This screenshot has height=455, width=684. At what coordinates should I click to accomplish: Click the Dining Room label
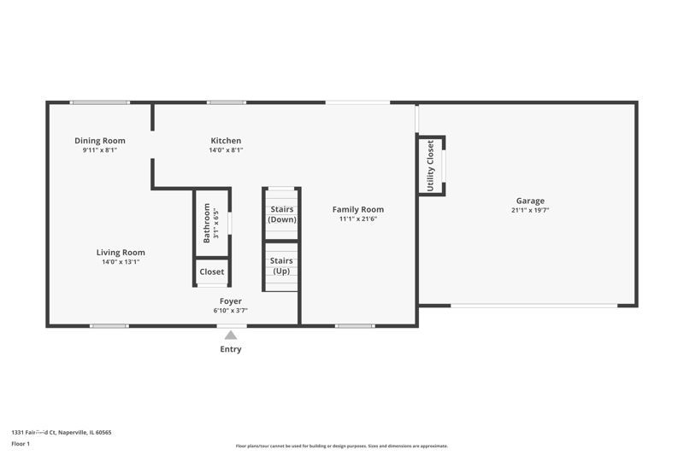coord(100,141)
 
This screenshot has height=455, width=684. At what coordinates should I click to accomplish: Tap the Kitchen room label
coord(226,141)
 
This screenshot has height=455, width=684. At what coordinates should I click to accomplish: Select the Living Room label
coord(121,253)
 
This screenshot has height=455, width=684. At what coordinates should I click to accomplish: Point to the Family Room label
coord(358,209)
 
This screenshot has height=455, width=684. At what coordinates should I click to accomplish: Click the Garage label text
coord(530,201)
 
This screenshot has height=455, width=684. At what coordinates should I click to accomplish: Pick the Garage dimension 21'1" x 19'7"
coord(530,210)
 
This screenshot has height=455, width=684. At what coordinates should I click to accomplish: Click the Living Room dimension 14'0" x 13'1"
coord(121,262)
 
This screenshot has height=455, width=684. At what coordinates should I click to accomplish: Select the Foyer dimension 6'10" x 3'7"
coord(230,311)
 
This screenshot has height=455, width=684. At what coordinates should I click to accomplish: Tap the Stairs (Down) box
coord(281,213)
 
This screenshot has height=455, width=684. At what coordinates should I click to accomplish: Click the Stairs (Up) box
coord(281,266)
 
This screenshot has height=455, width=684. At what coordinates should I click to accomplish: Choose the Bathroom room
coord(211,223)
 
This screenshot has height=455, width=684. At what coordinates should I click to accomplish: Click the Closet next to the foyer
coord(211,272)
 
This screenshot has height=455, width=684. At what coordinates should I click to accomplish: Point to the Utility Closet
coord(431,166)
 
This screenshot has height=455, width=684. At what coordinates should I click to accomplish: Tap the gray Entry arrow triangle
coord(231,335)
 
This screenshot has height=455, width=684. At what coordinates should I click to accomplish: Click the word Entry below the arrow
coord(231,349)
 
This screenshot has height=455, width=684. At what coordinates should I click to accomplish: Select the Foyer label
coord(230,301)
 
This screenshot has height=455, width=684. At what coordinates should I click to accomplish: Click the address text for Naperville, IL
coord(61,432)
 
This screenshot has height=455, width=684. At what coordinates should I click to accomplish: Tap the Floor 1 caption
coord(21,444)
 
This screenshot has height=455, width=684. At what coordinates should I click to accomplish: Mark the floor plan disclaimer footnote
coord(341,446)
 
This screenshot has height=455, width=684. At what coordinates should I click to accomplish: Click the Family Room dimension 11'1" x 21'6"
coord(358,219)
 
